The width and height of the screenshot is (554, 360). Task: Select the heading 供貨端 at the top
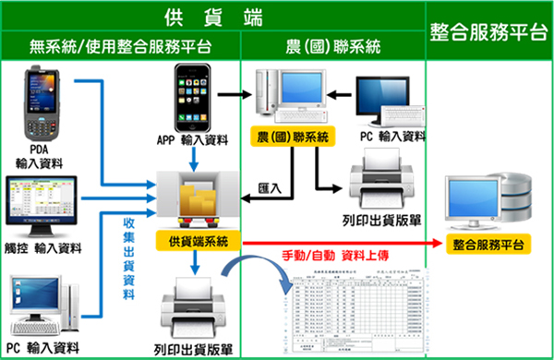[x=212, y=17]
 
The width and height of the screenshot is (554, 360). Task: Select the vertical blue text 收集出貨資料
[x=130, y=258]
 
